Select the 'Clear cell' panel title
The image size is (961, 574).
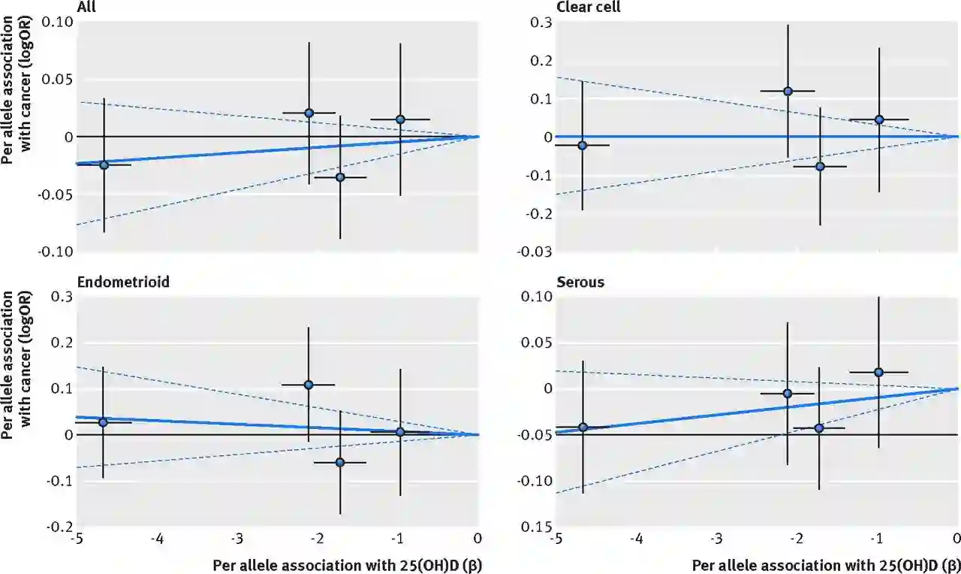(x=588, y=7)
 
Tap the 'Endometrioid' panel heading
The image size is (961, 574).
(x=122, y=282)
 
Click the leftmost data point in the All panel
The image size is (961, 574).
(x=104, y=165)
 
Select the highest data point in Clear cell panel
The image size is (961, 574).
(x=788, y=91)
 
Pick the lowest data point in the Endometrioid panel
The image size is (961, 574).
(x=339, y=462)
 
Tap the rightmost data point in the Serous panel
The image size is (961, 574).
(x=878, y=372)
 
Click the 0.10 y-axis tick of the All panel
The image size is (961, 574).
(x=58, y=22)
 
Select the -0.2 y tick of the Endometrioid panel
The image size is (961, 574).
(x=61, y=527)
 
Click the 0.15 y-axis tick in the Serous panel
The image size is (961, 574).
(x=538, y=527)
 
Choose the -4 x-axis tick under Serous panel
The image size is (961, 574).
(x=636, y=539)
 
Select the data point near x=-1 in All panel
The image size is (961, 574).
(x=400, y=119)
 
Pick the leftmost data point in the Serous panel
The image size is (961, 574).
(x=583, y=427)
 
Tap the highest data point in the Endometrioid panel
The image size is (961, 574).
(x=308, y=385)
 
